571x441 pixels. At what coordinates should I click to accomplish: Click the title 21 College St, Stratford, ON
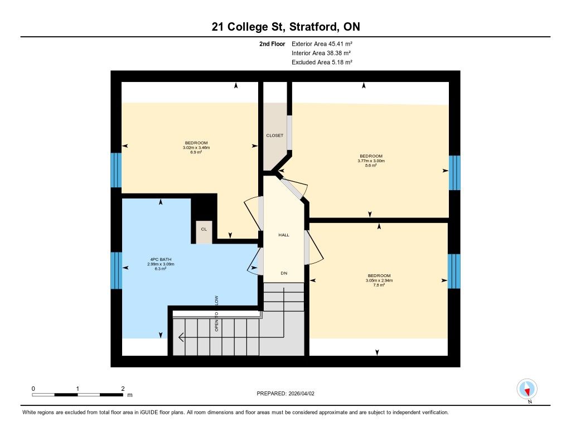coord(286,27)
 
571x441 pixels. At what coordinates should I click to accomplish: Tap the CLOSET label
coord(274,135)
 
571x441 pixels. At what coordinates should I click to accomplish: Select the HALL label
coord(284,235)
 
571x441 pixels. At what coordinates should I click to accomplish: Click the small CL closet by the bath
coord(204,232)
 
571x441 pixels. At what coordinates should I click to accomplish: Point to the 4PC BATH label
coord(161,259)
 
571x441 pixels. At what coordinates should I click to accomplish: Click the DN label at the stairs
coord(284,273)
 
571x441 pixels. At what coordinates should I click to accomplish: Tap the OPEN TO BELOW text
coord(216,313)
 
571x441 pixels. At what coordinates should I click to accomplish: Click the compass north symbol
coord(527,389)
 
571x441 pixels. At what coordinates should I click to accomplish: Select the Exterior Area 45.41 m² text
coord(322,43)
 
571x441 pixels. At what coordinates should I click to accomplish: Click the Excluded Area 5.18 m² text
coord(322,62)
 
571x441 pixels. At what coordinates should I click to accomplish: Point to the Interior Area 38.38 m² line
coord(321,53)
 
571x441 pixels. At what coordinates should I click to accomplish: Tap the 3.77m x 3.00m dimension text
coord(371,161)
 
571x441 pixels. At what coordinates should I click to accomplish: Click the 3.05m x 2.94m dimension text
coord(379,280)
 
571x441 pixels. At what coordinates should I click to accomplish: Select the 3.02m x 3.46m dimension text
coord(196,148)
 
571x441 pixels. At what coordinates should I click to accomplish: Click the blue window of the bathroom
coord(116,270)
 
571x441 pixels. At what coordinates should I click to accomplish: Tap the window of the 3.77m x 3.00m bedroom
coord(454,173)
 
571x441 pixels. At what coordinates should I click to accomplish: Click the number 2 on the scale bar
coord(123,389)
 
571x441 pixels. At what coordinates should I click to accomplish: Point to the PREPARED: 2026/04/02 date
coord(285,393)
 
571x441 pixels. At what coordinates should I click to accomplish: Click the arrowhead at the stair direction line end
coord(181,337)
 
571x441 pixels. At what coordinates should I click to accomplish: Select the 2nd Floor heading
coord(272,43)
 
